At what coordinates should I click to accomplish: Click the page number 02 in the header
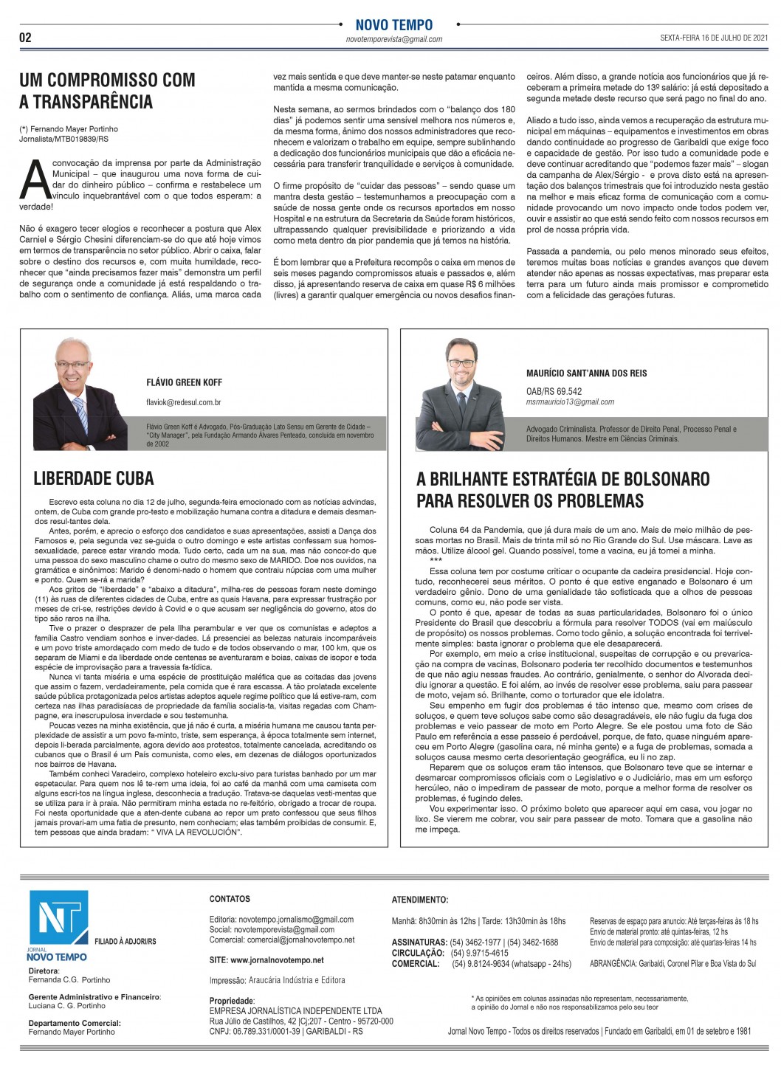tap(26, 38)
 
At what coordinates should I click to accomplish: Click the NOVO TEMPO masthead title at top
tap(393, 25)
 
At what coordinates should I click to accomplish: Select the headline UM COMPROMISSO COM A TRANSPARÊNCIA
tap(107, 91)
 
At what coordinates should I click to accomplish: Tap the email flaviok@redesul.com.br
tap(184, 403)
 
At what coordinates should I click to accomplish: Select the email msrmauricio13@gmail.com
tap(570, 402)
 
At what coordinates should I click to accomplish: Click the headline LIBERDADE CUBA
tap(94, 478)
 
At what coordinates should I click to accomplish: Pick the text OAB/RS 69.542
tap(554, 392)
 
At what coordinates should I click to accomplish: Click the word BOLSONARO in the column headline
tap(659, 479)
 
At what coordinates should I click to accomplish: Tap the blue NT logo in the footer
tap(58, 917)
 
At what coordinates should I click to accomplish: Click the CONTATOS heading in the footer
tap(230, 899)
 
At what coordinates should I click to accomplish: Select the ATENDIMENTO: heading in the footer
tap(419, 900)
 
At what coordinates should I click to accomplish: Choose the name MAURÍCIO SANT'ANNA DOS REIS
tap(586, 373)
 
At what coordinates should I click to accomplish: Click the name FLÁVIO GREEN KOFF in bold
tap(184, 383)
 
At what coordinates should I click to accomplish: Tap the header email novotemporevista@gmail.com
tap(393, 39)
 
